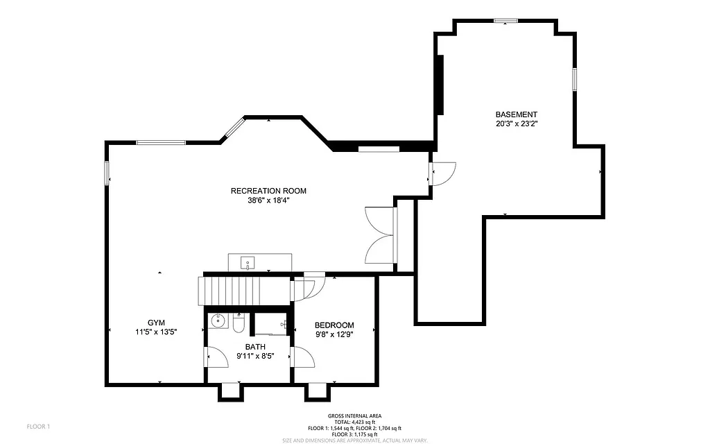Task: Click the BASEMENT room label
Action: [516, 114]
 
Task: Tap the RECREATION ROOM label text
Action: [268, 191]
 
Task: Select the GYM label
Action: [155, 323]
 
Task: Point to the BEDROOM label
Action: [334, 325]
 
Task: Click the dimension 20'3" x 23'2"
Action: [516, 124]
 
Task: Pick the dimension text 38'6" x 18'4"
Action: [268, 200]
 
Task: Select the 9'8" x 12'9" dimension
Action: [334, 334]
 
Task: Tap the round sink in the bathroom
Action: [218, 321]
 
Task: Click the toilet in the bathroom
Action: [239, 323]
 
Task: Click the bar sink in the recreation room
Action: [247, 263]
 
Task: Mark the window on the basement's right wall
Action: [574, 78]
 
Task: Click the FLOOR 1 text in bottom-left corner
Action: [38, 426]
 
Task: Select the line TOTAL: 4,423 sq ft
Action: [354, 422]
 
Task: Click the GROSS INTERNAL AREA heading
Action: [354, 416]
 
